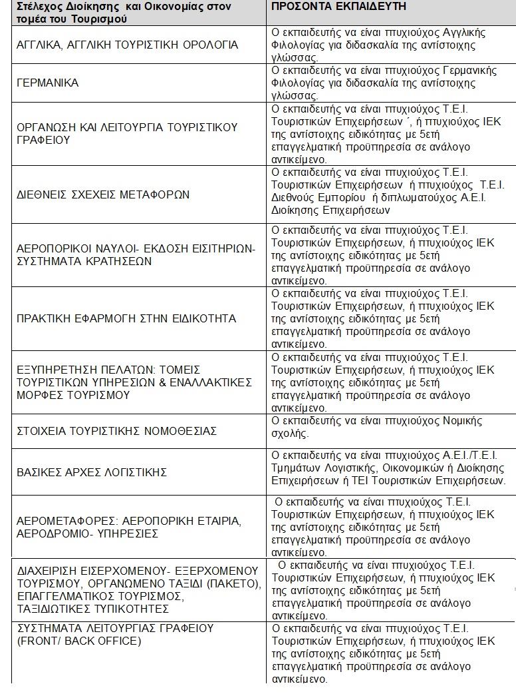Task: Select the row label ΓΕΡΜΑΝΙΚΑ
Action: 47,83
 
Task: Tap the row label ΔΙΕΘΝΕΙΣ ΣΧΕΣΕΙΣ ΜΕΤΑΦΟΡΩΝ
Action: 103,194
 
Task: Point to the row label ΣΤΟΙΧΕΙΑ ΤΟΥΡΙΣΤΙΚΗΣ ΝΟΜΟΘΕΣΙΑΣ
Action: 116,431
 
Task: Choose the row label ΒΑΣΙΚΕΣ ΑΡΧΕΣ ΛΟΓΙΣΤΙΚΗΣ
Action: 92,472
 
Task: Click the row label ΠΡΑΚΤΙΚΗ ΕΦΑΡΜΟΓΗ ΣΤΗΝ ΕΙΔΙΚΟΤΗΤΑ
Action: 126,319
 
